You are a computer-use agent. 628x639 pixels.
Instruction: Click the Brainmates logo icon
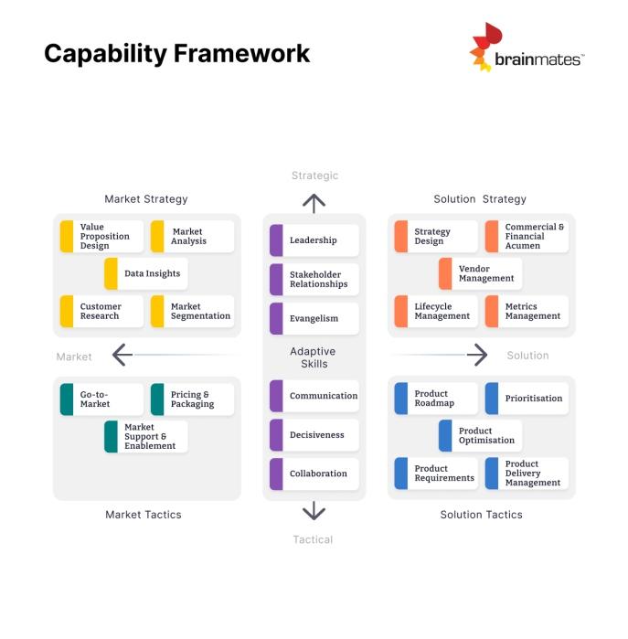pos(485,47)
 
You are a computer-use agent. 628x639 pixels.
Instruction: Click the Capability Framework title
pos(177,53)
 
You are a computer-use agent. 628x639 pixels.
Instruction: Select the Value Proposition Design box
pos(101,237)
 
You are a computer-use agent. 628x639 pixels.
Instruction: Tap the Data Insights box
pos(145,273)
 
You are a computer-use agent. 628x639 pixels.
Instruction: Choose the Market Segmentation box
pos(192,312)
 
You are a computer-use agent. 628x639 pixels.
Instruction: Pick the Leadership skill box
pos(314,240)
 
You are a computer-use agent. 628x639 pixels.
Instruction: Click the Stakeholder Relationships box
pos(314,279)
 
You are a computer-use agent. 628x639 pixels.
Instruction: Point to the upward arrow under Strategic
pos(314,203)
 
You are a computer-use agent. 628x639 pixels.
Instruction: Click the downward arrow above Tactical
pos(314,510)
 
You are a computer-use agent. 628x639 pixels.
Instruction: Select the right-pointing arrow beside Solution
pos(476,355)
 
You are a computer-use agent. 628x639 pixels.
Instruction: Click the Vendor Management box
pos(480,273)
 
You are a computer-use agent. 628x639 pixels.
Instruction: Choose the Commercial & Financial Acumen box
pos(527,237)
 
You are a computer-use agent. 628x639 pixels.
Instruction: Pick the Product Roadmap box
pos(436,399)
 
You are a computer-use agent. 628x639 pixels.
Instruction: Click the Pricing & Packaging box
pos(192,399)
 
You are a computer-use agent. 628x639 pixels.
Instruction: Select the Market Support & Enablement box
pos(145,436)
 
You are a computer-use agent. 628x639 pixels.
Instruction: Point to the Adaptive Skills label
pos(313,357)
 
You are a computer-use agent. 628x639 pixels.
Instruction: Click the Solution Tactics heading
pos(481,515)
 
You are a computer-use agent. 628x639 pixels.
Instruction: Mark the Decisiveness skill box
pos(314,435)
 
